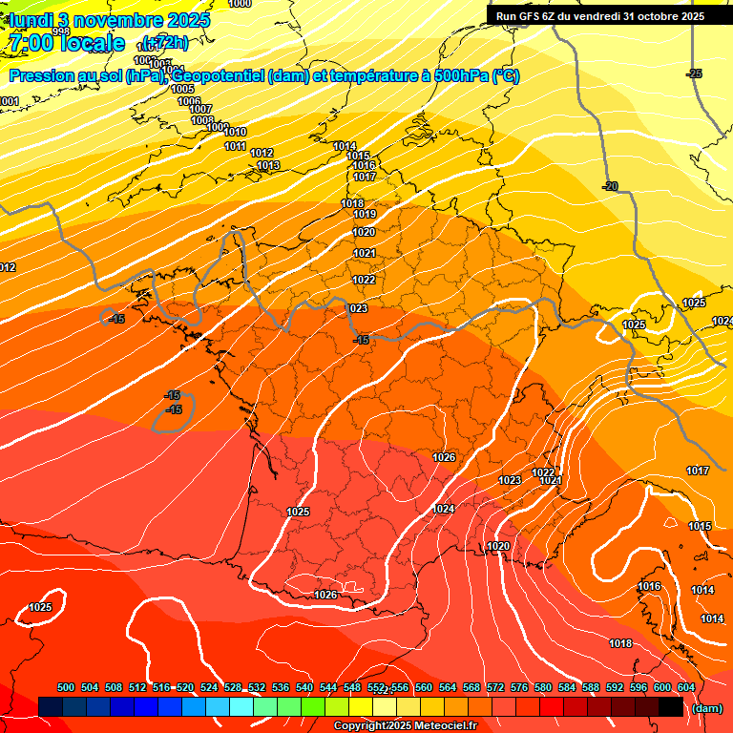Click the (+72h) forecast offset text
tap(165, 42)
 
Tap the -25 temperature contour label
tap(694, 73)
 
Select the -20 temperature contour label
tap(610, 186)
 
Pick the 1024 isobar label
tap(443, 509)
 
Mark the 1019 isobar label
tap(365, 215)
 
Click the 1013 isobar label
tap(268, 165)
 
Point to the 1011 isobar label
tap(236, 146)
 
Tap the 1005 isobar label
tap(182, 89)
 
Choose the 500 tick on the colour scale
tap(66, 687)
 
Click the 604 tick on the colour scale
tap(686, 687)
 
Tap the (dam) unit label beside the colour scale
tap(706, 707)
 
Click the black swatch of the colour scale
tap(670, 706)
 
